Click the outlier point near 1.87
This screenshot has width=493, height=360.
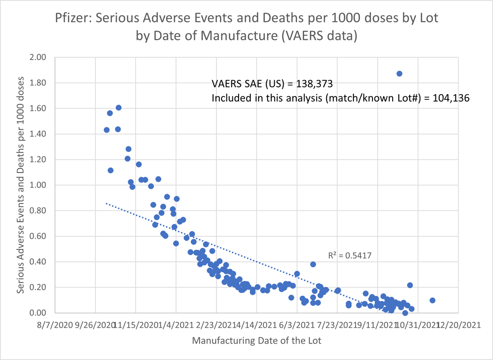tap(399, 74)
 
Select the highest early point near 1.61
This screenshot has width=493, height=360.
tap(119, 108)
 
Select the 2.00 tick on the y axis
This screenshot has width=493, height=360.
tap(38, 58)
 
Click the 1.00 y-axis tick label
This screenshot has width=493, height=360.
tap(38, 185)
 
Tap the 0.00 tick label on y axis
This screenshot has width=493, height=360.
tap(38, 313)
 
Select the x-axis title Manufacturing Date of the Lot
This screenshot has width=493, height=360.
tap(257, 341)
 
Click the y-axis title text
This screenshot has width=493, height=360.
tap(21, 185)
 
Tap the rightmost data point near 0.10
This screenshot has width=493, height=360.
tap(433, 300)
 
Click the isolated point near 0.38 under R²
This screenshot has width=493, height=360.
tap(313, 264)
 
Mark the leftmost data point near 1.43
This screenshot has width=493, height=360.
tap(107, 130)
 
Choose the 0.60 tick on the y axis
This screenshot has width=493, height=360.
tap(38, 236)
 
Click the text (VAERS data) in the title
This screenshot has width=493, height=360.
tap(318, 36)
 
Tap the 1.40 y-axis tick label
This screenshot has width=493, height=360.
tap(38, 134)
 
